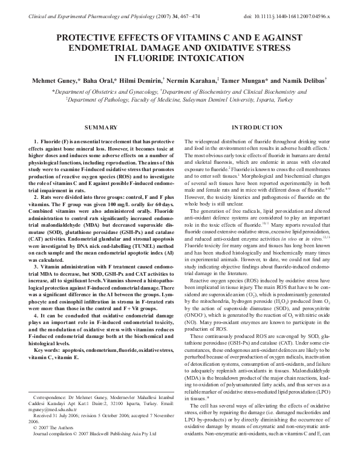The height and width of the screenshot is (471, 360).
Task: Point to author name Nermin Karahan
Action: click(191, 80)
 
